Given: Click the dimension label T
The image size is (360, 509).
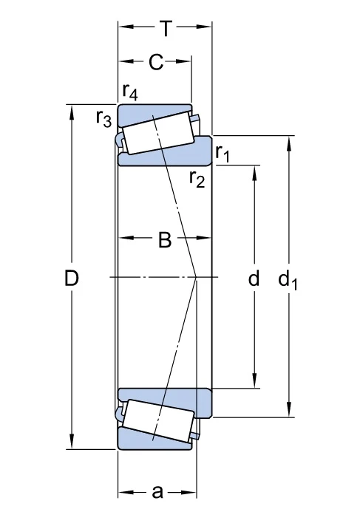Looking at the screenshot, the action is pos(166,29).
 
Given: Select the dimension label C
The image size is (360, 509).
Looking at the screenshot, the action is pos(156,62).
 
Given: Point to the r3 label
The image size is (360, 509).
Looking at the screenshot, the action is pos(103,118).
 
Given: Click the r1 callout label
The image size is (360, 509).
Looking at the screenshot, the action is pos(223,153).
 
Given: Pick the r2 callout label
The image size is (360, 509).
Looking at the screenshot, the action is pos(197,179).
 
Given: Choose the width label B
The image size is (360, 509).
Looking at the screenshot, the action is pos(165,240).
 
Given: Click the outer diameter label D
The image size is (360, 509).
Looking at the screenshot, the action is pos(72,279).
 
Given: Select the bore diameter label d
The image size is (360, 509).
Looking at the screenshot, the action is pos(254,278).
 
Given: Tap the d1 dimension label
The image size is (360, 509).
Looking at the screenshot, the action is pos(288,279).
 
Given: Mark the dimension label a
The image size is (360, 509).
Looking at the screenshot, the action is pos(157,491).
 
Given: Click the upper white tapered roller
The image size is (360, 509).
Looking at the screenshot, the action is pos(158,133).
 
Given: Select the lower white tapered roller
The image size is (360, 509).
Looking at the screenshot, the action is pos(159,420).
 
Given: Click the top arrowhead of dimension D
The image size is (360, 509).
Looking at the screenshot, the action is pos(72,112).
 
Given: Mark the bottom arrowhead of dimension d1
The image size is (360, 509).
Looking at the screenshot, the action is pos(288,410).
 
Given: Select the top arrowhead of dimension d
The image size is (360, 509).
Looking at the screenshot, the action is pos(255,173).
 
